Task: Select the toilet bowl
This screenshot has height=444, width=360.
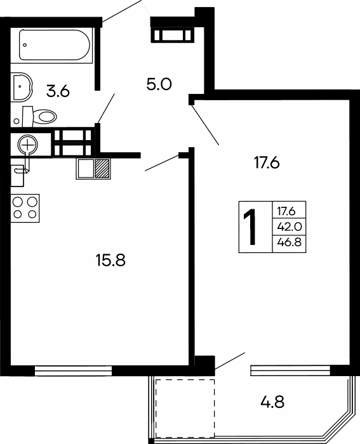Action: pos(41,115)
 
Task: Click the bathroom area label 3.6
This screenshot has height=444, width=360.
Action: pos(57,91)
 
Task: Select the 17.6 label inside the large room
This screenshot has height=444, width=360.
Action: pos(267,162)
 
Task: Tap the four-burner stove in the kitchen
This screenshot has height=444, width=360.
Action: pos(25,207)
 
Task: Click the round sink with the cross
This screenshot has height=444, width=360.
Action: pos(27,145)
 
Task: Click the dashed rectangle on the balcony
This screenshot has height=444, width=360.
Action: pos(185,407)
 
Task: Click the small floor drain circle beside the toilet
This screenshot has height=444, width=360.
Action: pos(16,120)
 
